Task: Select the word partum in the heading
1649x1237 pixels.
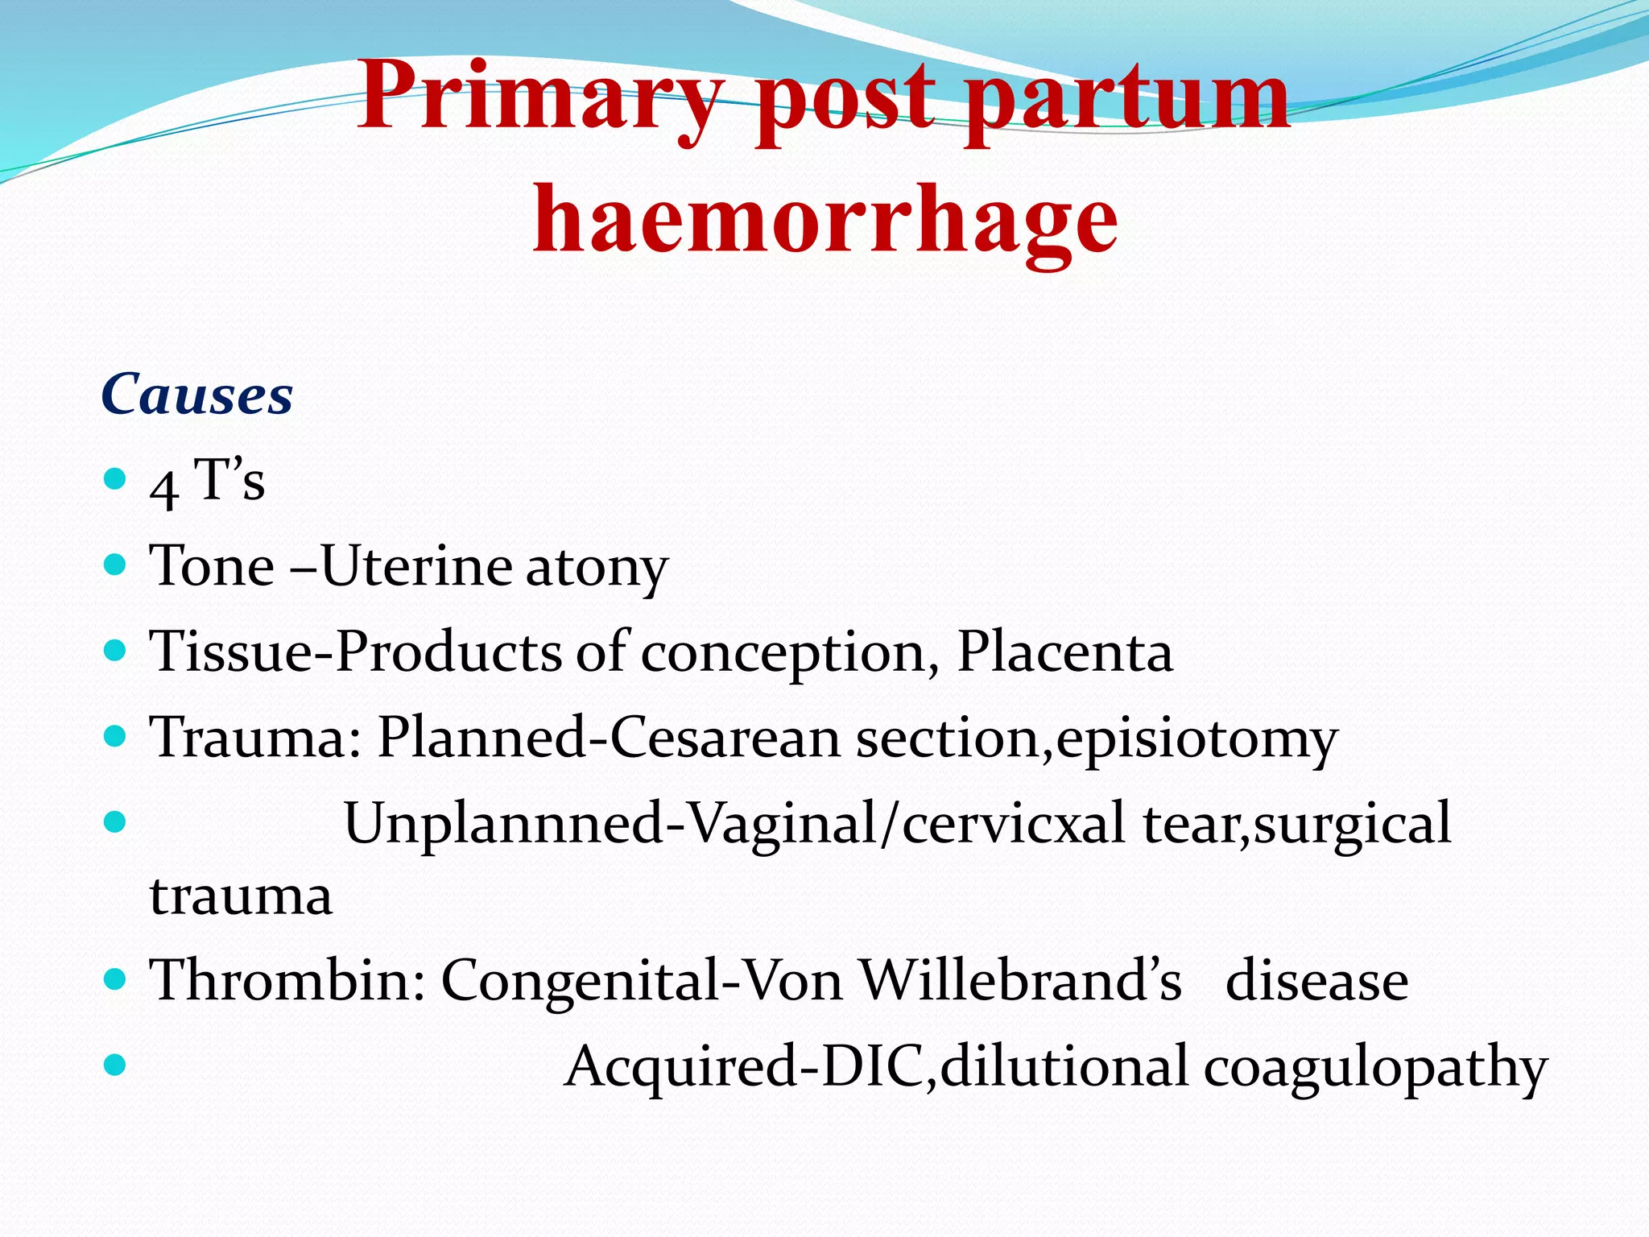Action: tap(1129, 101)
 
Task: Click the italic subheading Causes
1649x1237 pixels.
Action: tap(197, 395)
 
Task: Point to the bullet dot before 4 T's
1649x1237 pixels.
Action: tap(116, 479)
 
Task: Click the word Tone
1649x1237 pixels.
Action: tap(213, 566)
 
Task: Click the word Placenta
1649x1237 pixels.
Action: tap(1064, 652)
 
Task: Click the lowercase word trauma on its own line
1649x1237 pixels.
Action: tap(241, 896)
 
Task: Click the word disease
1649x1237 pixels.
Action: tap(1316, 982)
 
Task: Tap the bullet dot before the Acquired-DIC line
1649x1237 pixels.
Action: tap(116, 1065)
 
